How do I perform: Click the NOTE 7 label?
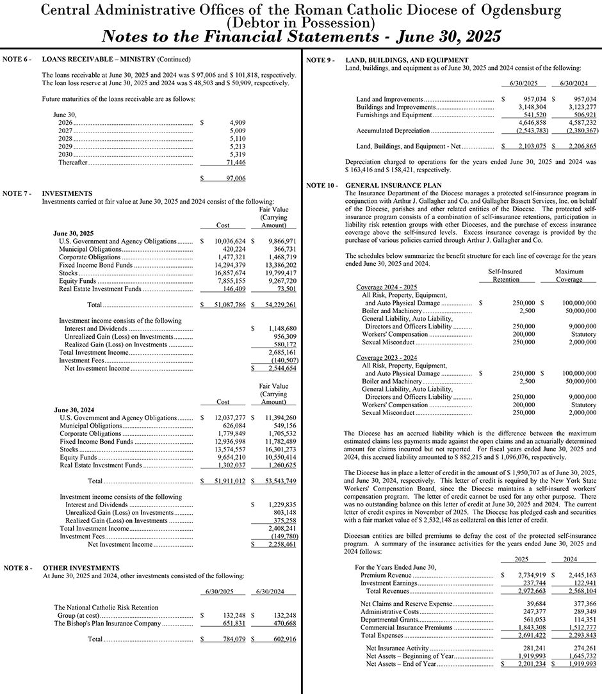pos(17,193)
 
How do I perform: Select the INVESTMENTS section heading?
pos(67,193)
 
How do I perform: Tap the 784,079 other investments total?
pos(223,639)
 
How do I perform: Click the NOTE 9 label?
pos(320,60)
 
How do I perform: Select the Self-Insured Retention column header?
pos(505,275)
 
